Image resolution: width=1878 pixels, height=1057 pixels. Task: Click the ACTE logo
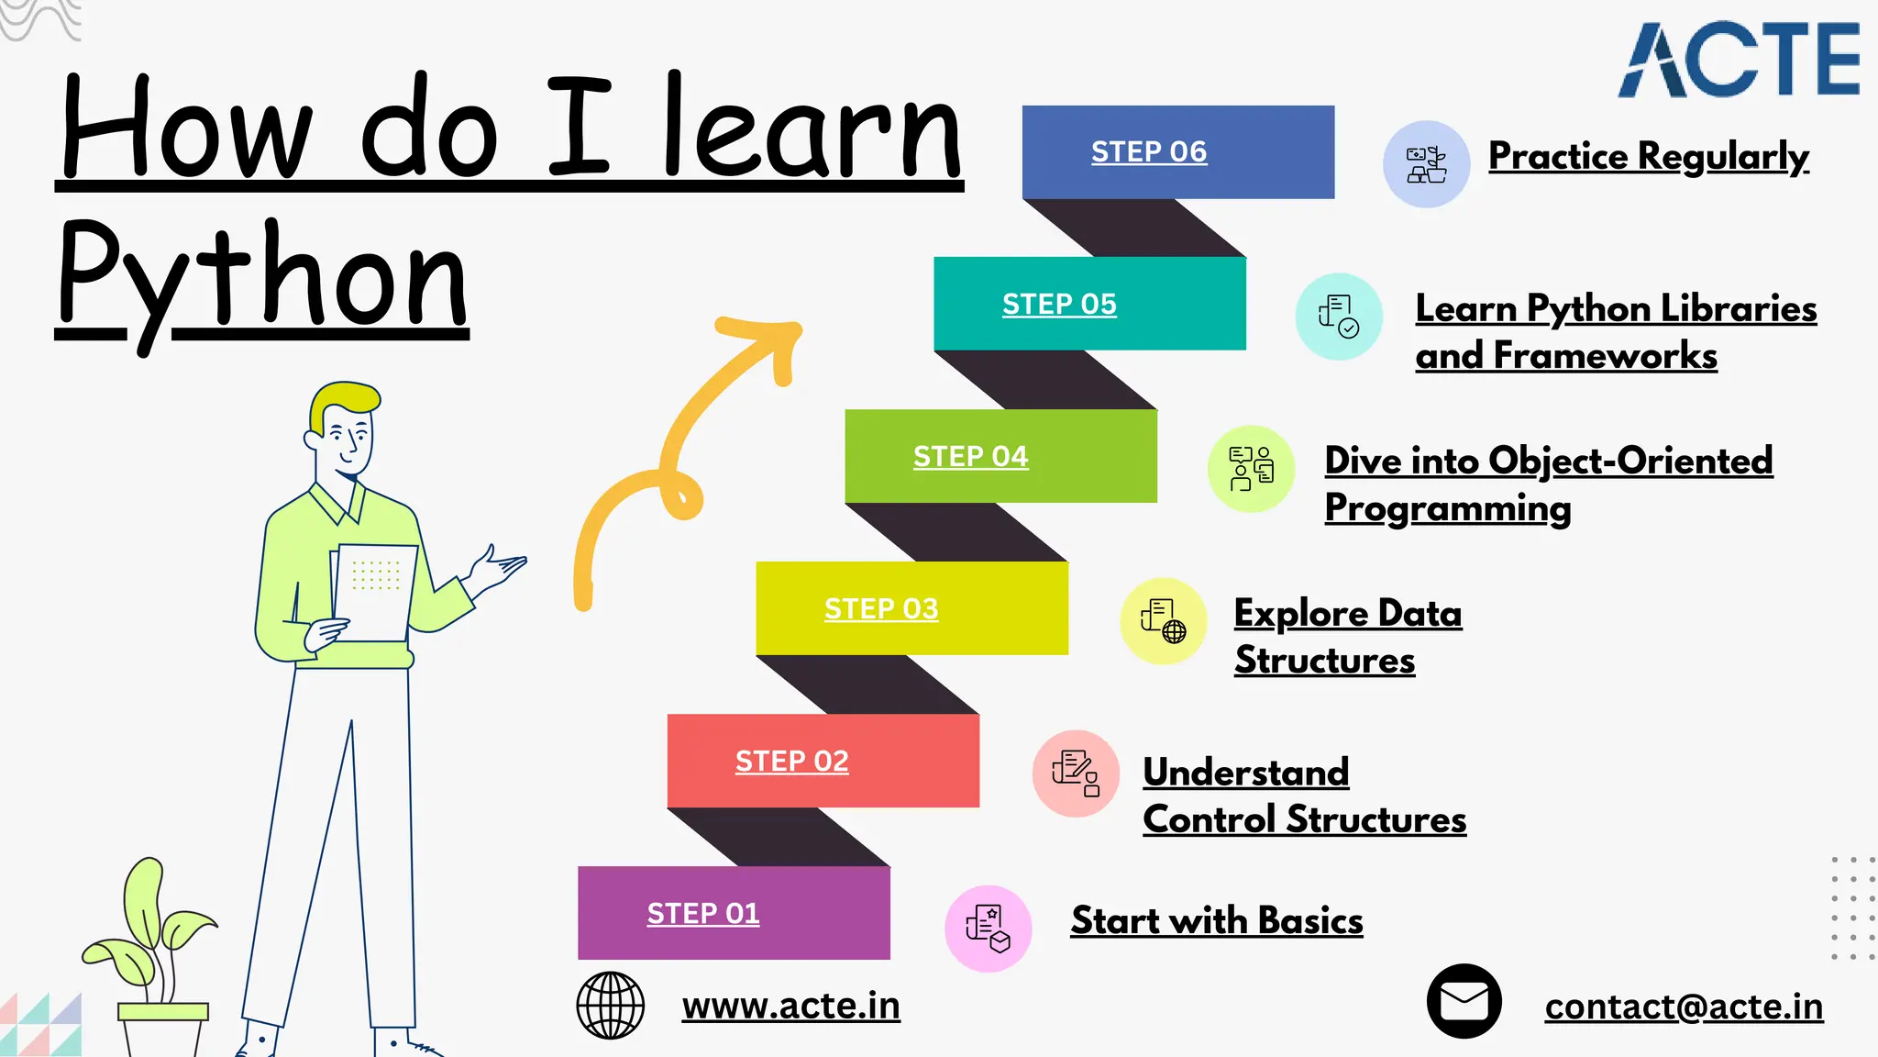[x=1739, y=61]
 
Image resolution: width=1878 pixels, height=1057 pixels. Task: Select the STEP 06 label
[x=1149, y=151]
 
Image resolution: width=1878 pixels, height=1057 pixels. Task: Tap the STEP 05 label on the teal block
[x=1059, y=304]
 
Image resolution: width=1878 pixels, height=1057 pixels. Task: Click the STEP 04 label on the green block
[x=970, y=456]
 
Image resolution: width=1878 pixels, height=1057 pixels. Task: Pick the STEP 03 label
[x=881, y=608]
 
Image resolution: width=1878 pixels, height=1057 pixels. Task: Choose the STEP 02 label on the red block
[x=792, y=761]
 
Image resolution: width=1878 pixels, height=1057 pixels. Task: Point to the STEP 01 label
[x=703, y=913]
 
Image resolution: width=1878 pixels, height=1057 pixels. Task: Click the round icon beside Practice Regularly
[x=1426, y=164]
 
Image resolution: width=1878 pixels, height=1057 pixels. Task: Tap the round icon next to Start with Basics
[x=988, y=928]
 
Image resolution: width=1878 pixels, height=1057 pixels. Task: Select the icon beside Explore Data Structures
[x=1163, y=621]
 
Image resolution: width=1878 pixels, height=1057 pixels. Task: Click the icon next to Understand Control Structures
[x=1076, y=773]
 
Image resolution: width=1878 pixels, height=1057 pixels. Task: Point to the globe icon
[x=610, y=1006]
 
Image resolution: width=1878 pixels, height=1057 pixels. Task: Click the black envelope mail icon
[x=1464, y=1001]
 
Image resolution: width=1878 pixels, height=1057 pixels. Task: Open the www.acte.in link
[x=790, y=1006]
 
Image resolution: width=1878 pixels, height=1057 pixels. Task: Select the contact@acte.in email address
[x=1684, y=1007]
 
